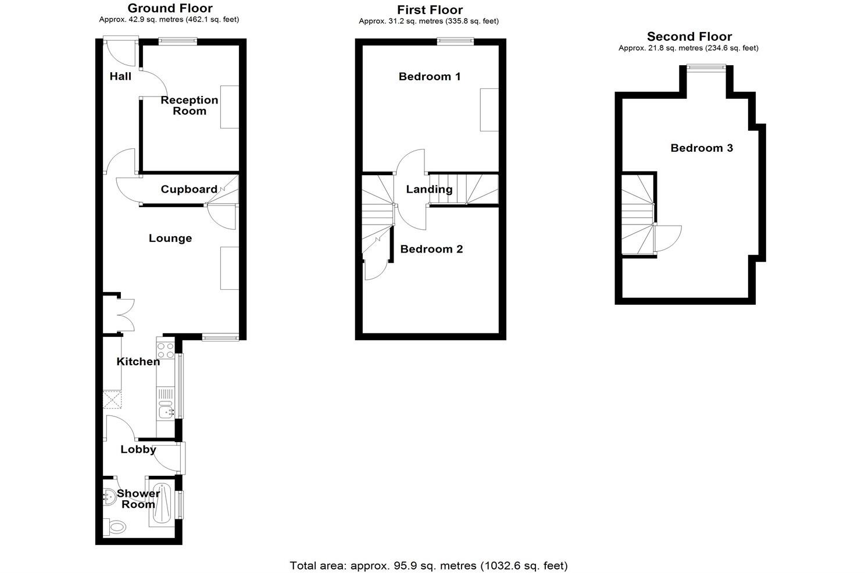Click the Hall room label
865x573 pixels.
[120, 76]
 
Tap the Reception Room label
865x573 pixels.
[190, 105]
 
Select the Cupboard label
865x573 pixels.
[189, 189]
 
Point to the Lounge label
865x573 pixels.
[170, 238]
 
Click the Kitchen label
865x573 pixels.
[138, 361]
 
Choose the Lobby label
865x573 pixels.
[138, 449]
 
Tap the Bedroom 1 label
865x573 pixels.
[430, 76]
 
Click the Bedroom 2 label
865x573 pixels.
[432, 249]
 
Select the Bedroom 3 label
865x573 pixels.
[702, 148]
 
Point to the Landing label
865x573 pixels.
[429, 189]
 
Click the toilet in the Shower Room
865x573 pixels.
[116, 527]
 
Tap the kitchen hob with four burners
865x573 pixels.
[166, 350]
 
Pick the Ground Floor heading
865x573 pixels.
[170, 8]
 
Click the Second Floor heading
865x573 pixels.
[689, 37]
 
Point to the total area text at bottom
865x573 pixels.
[429, 565]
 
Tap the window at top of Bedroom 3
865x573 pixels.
[707, 67]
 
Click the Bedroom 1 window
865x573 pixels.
[455, 41]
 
